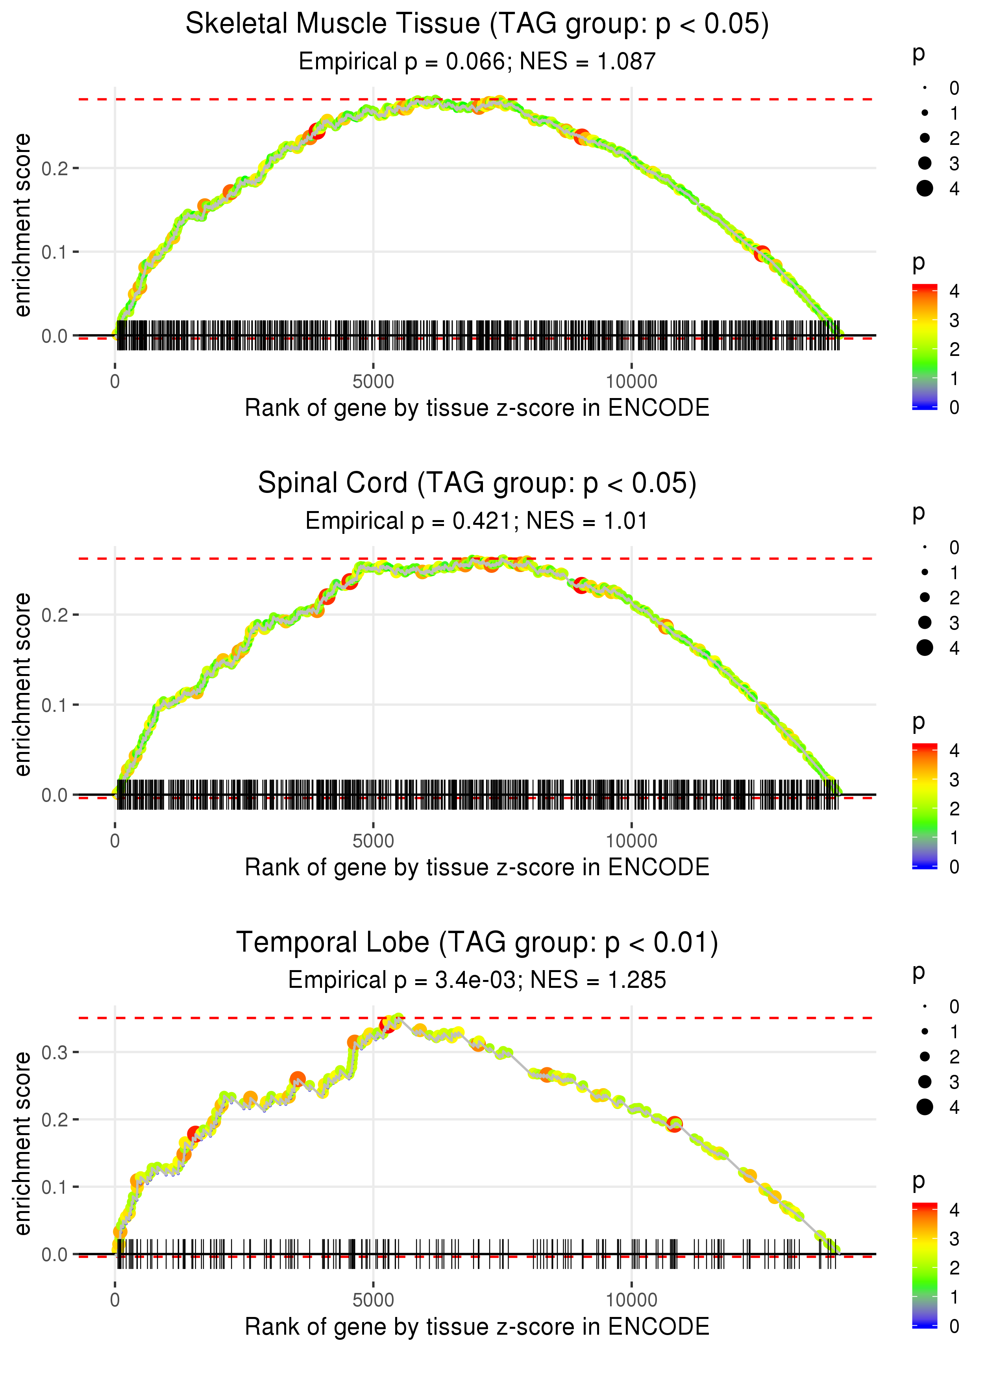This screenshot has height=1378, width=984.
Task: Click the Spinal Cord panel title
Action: (x=477, y=483)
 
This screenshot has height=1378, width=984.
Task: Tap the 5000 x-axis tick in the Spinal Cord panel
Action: (x=373, y=841)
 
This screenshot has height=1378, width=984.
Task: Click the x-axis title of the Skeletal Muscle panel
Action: (x=477, y=408)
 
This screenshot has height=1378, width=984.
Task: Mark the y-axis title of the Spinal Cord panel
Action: (x=22, y=684)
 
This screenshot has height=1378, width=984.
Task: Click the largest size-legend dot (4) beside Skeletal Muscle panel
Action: (x=925, y=189)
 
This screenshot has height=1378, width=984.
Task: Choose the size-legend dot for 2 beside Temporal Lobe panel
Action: (x=925, y=1057)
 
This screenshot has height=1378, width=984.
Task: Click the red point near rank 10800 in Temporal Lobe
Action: (x=674, y=1125)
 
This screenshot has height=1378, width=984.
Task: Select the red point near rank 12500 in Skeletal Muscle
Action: (x=762, y=253)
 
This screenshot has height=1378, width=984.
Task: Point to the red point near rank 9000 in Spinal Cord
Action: (x=581, y=586)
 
